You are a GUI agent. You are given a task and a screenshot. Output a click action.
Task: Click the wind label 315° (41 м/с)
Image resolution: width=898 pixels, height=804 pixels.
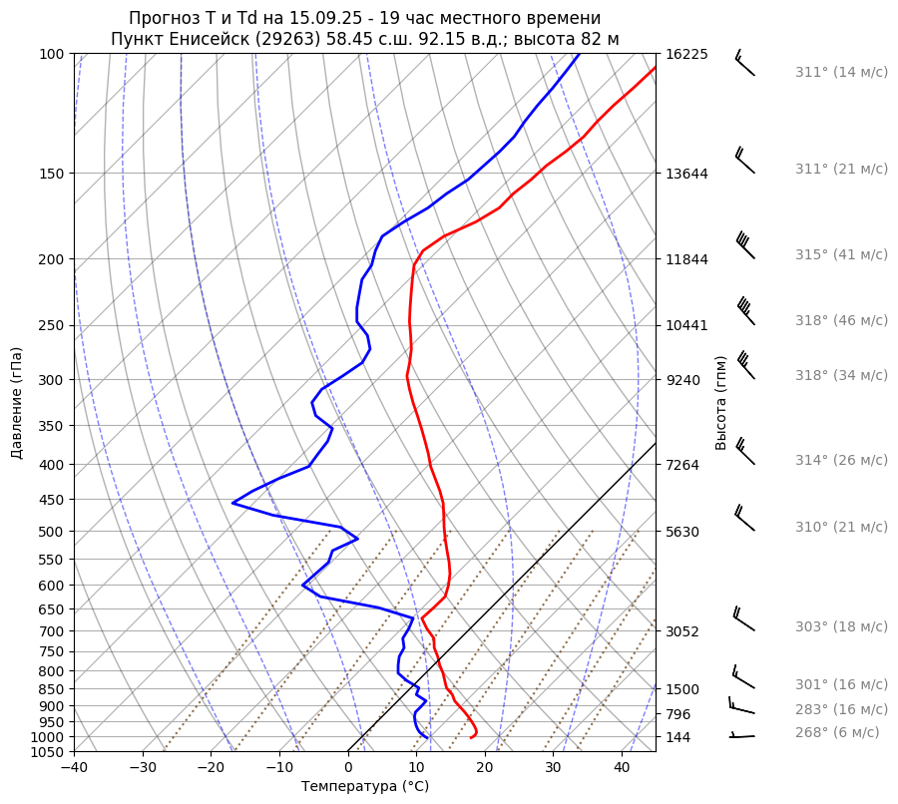pos(841,254)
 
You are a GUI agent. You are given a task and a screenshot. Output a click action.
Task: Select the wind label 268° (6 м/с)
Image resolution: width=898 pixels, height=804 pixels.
pos(837,732)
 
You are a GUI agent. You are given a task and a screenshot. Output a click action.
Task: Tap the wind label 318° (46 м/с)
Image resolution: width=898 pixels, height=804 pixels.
pos(841,320)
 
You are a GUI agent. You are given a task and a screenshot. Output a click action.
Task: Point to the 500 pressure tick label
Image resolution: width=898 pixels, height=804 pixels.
pos(52,532)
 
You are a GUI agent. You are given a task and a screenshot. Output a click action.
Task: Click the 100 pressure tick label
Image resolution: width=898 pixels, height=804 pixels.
pos(52,54)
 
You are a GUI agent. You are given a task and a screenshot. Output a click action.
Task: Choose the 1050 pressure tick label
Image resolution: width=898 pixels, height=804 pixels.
pos(48,752)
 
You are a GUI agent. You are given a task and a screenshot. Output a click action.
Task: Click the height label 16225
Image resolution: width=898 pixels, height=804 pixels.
pos(686,54)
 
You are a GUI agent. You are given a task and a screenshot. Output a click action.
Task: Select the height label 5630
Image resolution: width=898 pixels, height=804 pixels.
pos(682,532)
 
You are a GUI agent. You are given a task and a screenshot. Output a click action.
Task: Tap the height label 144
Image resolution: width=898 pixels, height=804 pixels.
pos(678,737)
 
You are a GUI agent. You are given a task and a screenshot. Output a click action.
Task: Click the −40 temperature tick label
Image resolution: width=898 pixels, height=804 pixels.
pos(74,768)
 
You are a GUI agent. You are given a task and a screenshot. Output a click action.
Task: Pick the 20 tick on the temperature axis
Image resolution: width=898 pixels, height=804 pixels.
pos(485,768)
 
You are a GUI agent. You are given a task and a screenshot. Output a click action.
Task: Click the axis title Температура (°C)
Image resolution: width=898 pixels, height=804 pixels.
pos(365,787)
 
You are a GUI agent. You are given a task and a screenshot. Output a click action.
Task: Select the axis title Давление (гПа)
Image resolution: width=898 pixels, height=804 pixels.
pos(17,403)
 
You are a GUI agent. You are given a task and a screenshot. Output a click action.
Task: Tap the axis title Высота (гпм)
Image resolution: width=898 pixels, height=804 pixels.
pos(721,402)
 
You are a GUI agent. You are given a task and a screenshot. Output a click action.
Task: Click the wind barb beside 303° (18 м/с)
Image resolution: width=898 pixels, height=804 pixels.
pos(743,619)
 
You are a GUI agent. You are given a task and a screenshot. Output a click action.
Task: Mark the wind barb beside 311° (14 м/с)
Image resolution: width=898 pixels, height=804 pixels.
pos(744,63)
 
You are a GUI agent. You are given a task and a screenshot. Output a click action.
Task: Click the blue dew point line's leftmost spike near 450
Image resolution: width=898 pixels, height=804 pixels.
pos(232,503)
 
